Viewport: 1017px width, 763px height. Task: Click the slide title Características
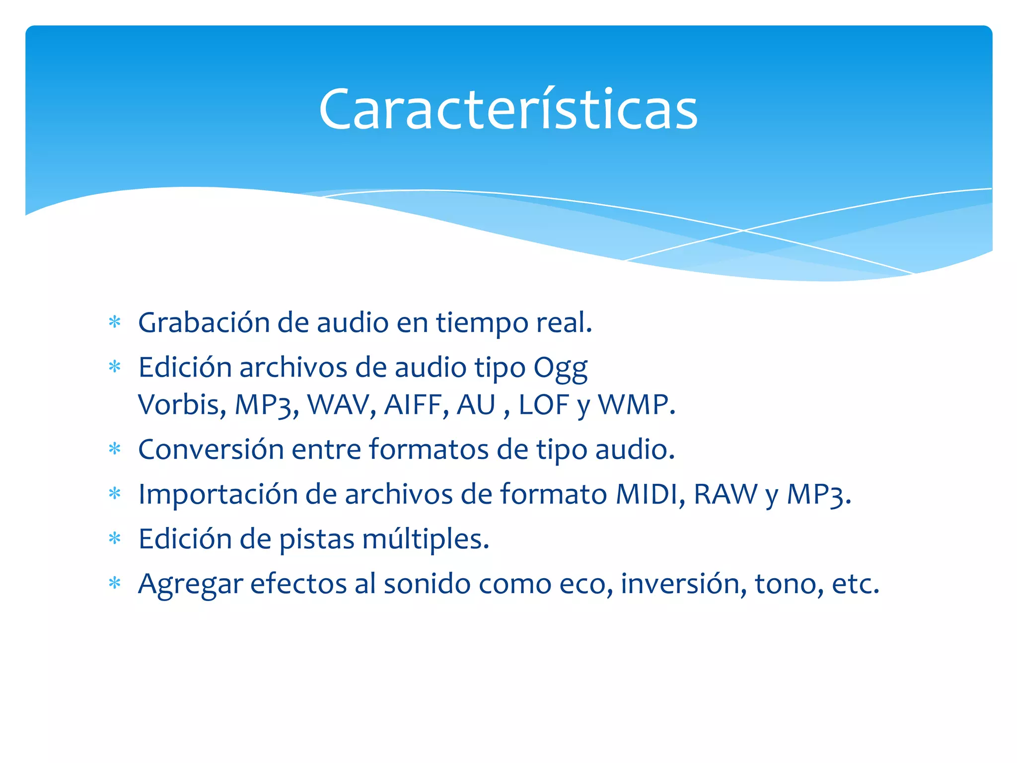pos(508,109)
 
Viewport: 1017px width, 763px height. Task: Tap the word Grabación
pos(203,323)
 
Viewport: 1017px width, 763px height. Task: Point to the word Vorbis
pos(179,404)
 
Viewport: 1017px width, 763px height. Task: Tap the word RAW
pos(725,494)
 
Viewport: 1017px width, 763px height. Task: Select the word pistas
pos(317,539)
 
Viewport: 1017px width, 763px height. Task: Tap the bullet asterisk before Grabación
pos(115,322)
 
